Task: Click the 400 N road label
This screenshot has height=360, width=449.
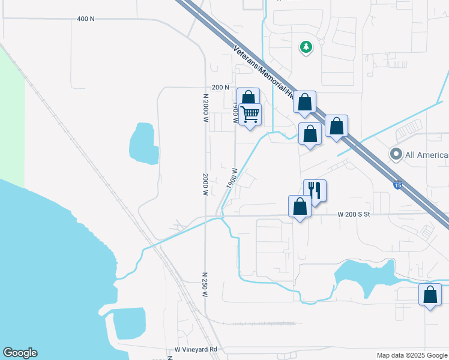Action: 86,19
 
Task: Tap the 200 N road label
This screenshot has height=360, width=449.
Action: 220,88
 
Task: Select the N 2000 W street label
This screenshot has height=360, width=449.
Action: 205,109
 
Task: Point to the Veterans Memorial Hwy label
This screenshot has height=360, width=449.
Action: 264,73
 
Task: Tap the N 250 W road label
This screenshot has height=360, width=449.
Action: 205,284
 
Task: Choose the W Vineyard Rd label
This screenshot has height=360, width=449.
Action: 195,349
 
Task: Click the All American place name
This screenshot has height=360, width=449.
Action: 427,155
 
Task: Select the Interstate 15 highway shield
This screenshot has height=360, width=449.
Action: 398,185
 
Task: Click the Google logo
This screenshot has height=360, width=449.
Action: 20,353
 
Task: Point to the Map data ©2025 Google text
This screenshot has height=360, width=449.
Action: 412,355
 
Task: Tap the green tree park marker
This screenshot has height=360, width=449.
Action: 306,46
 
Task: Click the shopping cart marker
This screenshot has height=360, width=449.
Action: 250,113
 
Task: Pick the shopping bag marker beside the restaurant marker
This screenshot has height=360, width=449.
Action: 300,206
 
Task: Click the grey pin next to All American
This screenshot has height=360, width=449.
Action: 396,154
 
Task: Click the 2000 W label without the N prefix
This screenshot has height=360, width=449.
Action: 205,185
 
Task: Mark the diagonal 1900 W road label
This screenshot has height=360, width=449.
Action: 232,178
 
